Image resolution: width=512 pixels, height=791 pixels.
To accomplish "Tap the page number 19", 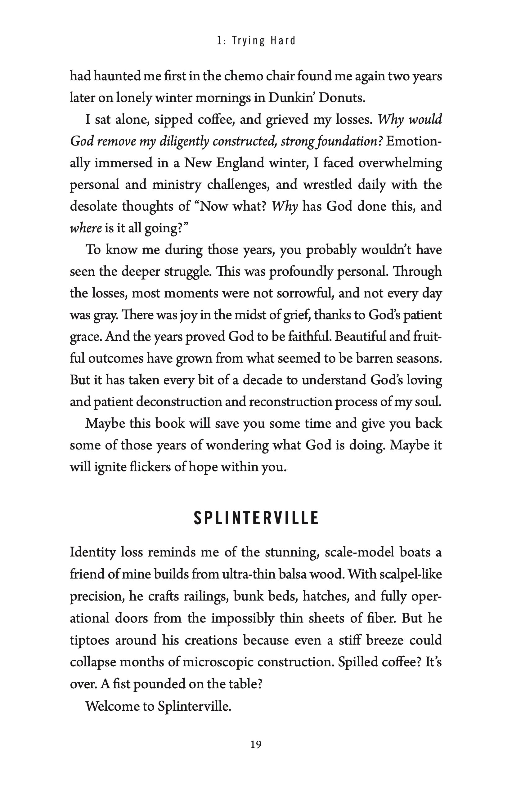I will coord(256,744).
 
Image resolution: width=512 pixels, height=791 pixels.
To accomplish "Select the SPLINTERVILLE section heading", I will coord(256,518).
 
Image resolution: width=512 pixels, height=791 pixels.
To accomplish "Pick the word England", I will coord(239,163).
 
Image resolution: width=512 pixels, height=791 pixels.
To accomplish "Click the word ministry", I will coord(177,185).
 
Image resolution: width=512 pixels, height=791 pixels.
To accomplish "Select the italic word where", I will coord(85,228).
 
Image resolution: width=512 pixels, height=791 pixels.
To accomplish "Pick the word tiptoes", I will coord(89,640).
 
